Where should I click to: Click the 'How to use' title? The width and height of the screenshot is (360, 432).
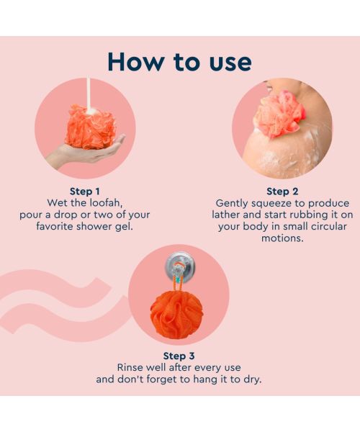click(x=179, y=61)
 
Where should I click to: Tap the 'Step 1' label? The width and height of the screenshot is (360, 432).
click(x=84, y=191)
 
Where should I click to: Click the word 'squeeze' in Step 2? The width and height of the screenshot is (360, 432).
click(x=266, y=203)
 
